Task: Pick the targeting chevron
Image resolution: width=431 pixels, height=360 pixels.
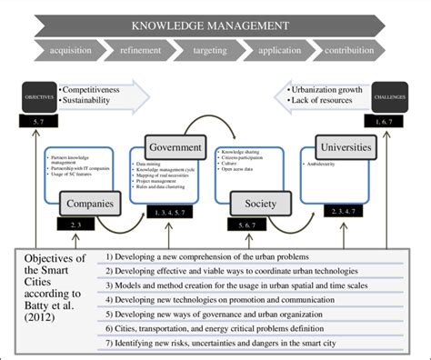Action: (x=216, y=53)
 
